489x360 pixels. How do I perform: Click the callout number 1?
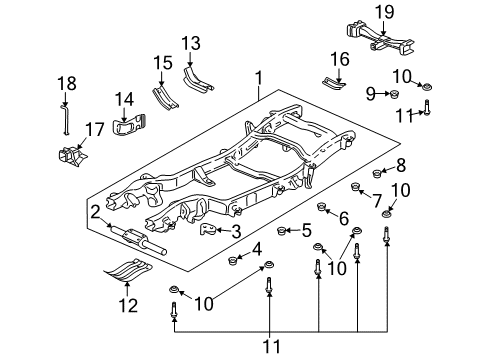[259, 77]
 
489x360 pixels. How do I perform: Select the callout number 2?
[94, 211]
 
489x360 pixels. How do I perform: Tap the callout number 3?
[235, 232]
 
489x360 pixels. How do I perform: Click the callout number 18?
[65, 82]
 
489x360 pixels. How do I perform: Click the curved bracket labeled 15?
[163, 100]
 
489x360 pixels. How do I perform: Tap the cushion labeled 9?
[393, 96]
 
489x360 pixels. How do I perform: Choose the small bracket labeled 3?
[210, 231]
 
